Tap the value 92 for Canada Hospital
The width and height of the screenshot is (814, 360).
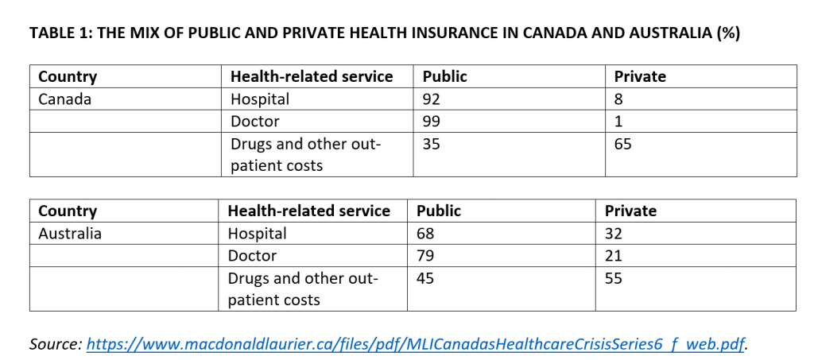[x=432, y=99]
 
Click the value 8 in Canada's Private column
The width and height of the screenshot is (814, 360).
[x=618, y=99]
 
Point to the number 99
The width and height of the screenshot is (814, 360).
[x=432, y=122]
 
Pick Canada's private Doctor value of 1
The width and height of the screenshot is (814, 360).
[x=618, y=122]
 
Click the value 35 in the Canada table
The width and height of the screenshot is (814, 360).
[x=432, y=144]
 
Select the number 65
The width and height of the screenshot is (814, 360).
[x=623, y=144]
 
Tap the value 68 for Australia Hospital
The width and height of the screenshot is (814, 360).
[x=426, y=234]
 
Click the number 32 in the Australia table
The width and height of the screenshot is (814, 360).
[x=614, y=234]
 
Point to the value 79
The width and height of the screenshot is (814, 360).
[x=426, y=256]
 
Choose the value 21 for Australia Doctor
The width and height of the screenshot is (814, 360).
[x=614, y=256]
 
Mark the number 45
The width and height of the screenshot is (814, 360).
[x=426, y=279]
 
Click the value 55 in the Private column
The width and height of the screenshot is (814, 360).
[x=614, y=279]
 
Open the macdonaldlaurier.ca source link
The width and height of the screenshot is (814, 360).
[x=416, y=343]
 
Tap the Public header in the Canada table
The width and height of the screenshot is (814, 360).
[x=445, y=77]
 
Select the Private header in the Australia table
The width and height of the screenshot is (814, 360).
[x=630, y=211]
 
